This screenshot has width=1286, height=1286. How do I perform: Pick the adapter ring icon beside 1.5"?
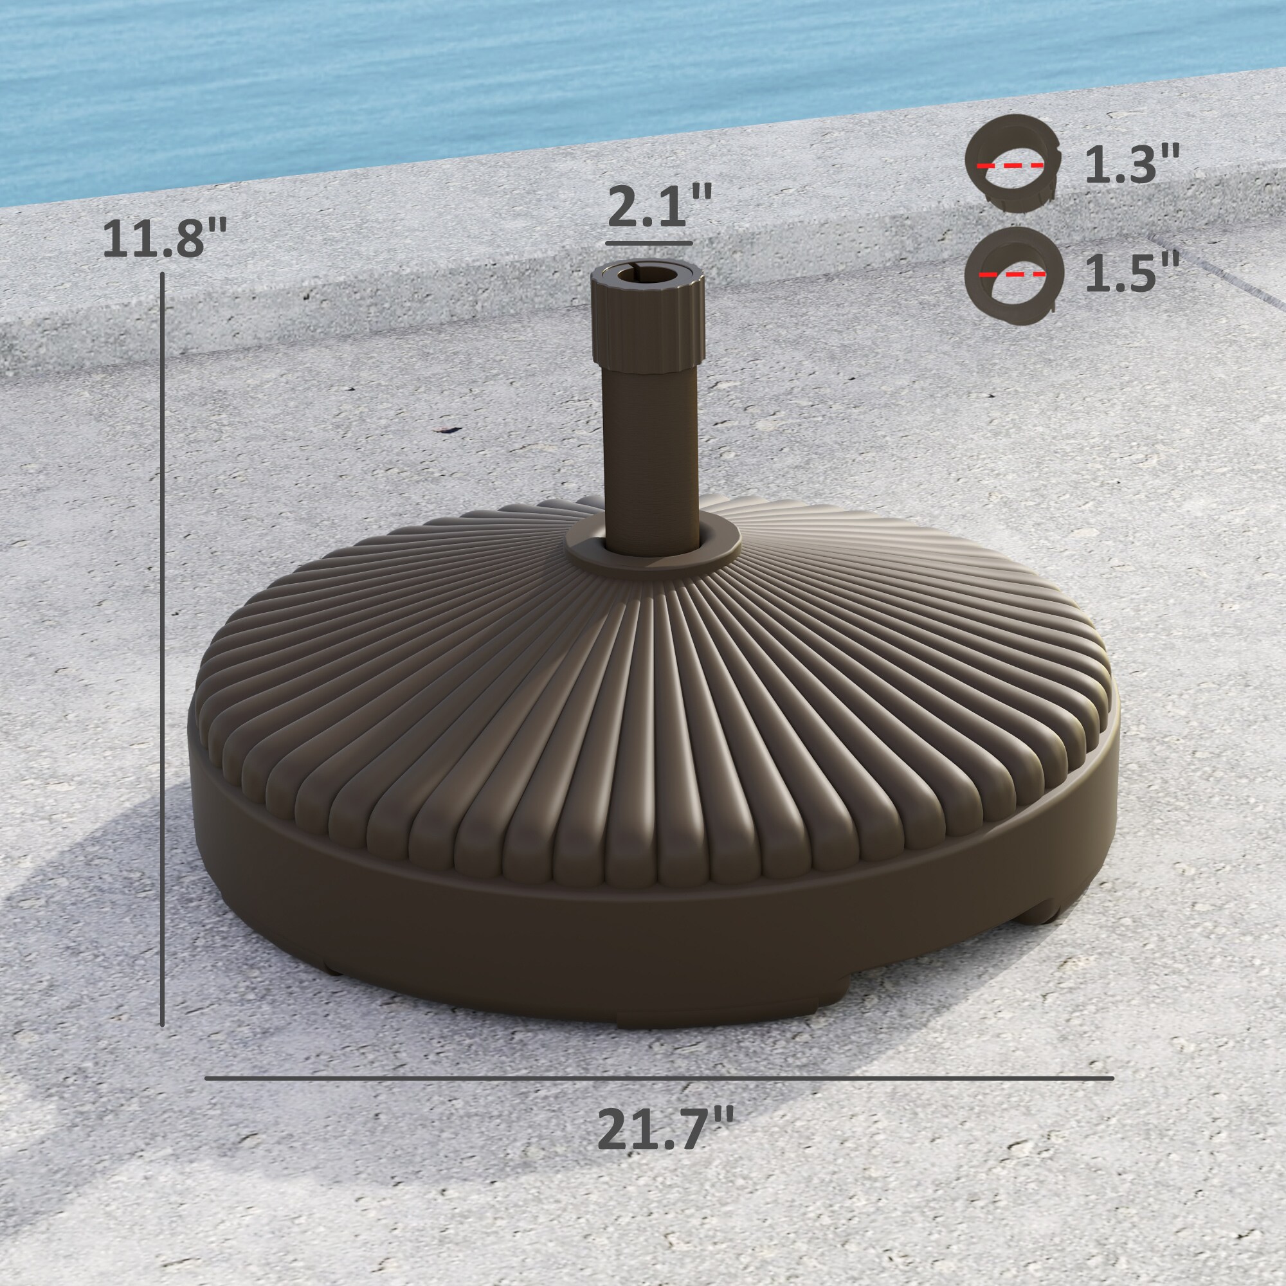1013,275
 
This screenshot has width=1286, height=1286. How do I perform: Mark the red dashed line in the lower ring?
1011,273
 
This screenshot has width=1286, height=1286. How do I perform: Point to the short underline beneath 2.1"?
646,243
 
